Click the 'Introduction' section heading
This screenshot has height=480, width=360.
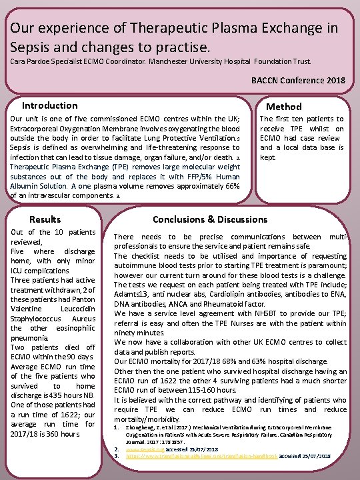tap(49, 105)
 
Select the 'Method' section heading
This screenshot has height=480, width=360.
tap(283, 107)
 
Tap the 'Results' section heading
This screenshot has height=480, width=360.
tap(45, 219)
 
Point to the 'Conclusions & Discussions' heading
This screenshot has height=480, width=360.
tap(210, 219)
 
